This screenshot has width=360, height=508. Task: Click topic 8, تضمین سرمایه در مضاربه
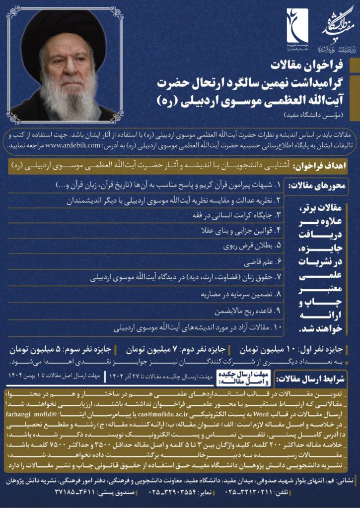click(x=237, y=295)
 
